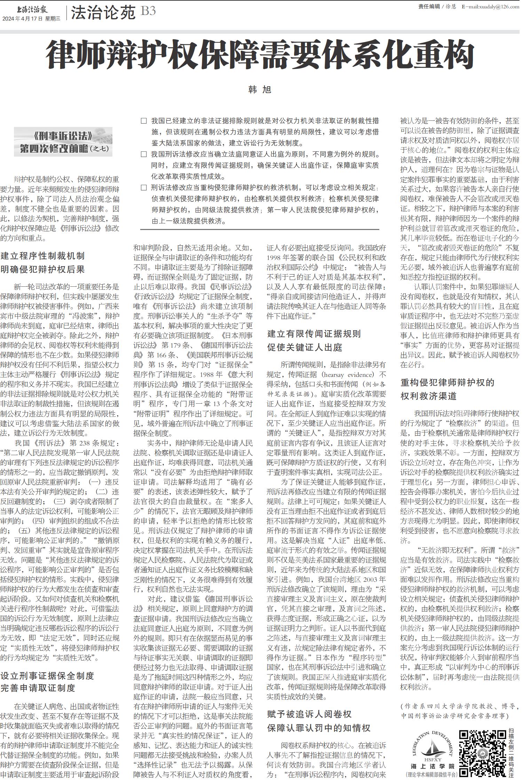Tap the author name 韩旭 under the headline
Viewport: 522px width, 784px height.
pyautogui.click(x=260, y=90)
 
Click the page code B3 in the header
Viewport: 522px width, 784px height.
pyautogui.click(x=148, y=11)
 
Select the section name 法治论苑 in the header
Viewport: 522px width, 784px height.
pyautogui.click(x=103, y=13)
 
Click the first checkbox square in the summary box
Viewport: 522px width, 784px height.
pyautogui.click(x=144, y=121)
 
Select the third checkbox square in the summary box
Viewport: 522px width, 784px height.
pyautogui.click(x=144, y=188)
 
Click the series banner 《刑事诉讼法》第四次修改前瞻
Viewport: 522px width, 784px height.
pyautogui.click(x=63, y=142)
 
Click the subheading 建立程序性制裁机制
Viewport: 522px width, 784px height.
pyautogui.click(x=42, y=256)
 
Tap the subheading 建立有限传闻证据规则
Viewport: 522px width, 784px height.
pyautogui.click(x=314, y=334)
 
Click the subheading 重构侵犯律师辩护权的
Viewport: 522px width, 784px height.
pyautogui.click(x=447, y=383)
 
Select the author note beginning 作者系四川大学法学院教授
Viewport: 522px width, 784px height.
pyautogui.click(x=459, y=711)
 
